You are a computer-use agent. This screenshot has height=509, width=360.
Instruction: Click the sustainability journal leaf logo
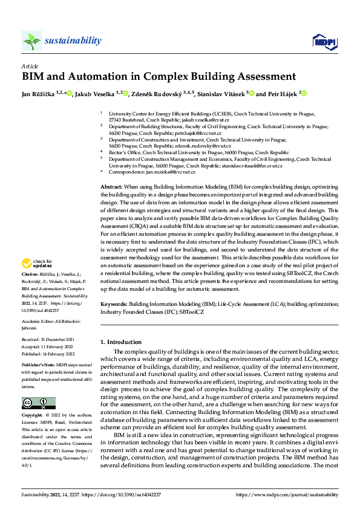click(x=31, y=41)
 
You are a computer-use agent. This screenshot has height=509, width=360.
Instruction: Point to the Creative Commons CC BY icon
click(x=38, y=403)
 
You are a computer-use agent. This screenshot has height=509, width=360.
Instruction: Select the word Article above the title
click(x=29, y=65)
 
